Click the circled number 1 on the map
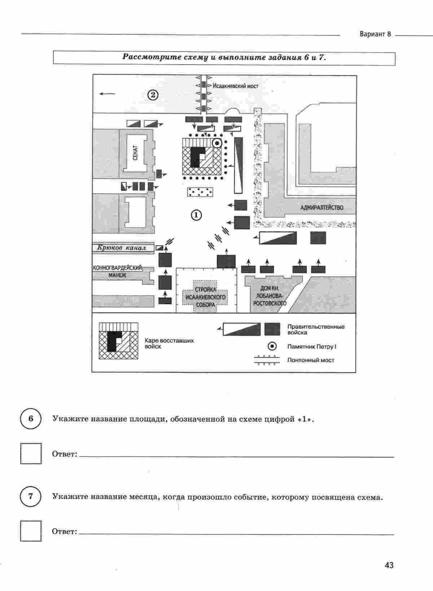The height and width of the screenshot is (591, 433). (x=196, y=215)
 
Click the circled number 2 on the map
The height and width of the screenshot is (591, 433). (x=153, y=95)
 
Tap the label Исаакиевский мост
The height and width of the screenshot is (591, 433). (x=236, y=86)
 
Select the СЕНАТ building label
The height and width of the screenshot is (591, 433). (x=135, y=153)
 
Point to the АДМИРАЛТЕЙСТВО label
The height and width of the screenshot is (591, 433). (x=322, y=208)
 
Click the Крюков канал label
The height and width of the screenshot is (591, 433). (x=122, y=247)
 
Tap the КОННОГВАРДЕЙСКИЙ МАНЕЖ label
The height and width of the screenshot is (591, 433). (x=118, y=272)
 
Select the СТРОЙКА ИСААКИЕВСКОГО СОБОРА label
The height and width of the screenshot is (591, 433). (x=206, y=297)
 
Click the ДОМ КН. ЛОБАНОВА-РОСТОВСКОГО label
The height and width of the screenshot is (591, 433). (x=270, y=296)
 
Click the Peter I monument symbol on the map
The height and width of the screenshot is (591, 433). (x=217, y=143)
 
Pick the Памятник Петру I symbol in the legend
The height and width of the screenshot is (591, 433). (x=272, y=347)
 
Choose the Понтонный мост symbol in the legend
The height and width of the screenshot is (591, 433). (x=267, y=360)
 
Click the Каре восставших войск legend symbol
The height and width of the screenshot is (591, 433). (x=119, y=341)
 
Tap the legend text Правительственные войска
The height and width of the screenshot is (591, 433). (x=316, y=330)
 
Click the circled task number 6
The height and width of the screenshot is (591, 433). (x=31, y=418)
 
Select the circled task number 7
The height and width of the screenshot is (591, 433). (x=31, y=496)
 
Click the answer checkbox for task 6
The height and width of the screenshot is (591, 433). (x=31, y=453)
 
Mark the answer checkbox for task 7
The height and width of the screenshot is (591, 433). (x=31, y=531)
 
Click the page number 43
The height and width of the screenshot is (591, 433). (x=389, y=565)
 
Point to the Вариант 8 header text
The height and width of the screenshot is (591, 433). (x=375, y=34)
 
